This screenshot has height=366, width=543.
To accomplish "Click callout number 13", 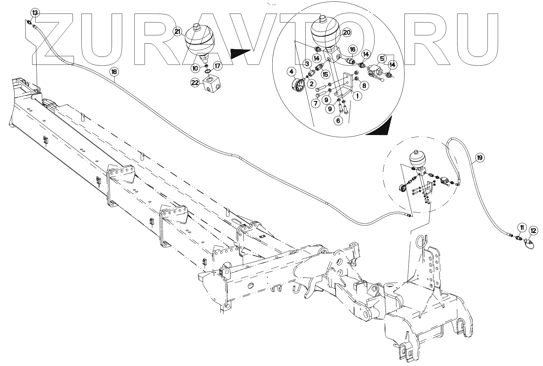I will point(35,13).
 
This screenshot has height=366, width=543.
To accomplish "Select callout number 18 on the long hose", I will point(114,72).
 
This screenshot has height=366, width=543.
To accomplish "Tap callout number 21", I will point(178,32).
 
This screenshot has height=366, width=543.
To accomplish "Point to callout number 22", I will point(195,82).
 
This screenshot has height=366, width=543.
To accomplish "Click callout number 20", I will point(346,33).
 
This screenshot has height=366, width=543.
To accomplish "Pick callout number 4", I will point(291,72).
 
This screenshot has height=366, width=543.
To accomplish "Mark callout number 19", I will point(480,158).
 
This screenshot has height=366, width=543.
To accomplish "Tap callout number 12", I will point(534,230).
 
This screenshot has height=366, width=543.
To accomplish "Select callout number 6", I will point(337,120).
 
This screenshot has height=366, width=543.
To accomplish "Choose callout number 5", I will point(382,58).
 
